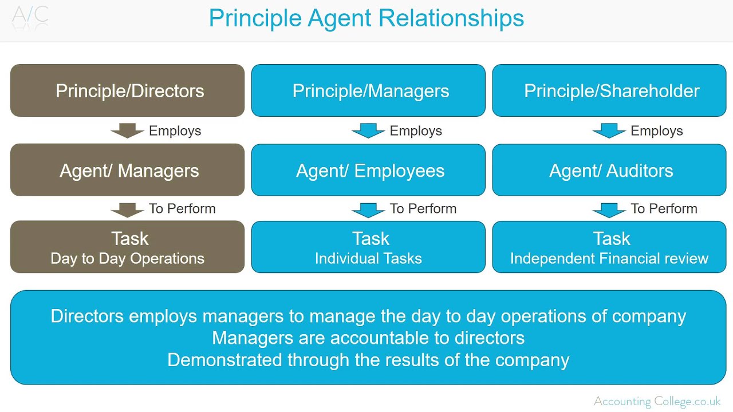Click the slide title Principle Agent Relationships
coord(366,18)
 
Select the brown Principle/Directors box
coord(127,90)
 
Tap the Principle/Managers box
coord(368,90)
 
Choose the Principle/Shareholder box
coord(609,90)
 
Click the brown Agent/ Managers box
coord(127,170)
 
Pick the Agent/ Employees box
coord(368,170)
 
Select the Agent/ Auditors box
coord(609,170)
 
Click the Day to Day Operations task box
coord(127,247)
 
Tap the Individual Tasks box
coord(368,247)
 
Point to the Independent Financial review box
coord(609,247)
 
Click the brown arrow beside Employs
coord(127,131)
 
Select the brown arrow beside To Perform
coord(127,210)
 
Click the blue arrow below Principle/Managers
coord(368,131)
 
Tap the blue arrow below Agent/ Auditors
coord(609,210)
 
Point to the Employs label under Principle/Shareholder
coord(656,131)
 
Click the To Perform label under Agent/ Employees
coord(423,209)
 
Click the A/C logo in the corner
coord(30,16)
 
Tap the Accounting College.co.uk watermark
coord(657,401)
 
